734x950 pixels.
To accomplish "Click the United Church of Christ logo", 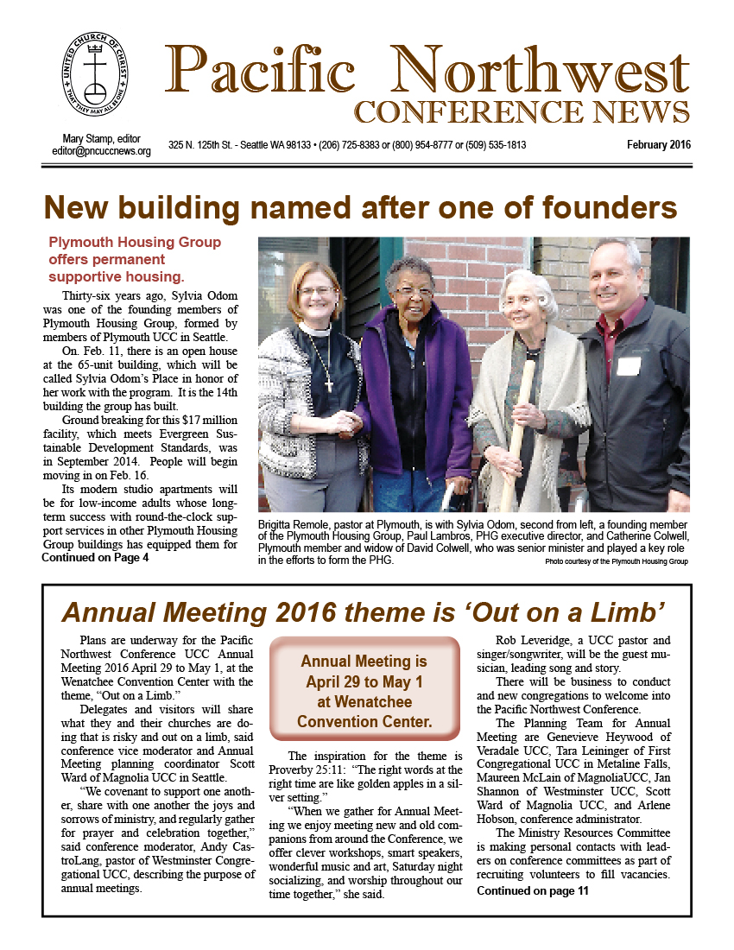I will click(x=95, y=81).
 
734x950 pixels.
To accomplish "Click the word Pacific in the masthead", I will click(x=259, y=68).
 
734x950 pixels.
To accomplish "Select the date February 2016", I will click(x=659, y=145).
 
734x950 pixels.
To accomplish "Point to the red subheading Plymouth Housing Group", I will click(x=135, y=243).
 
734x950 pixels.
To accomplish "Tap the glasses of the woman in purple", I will click(x=414, y=292).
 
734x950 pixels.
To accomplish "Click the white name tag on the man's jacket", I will click(x=628, y=365).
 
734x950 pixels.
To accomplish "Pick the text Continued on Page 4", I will click(x=95, y=558).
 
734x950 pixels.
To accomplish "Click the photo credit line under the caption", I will click(x=617, y=562).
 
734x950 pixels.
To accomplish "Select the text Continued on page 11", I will click(x=532, y=891).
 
